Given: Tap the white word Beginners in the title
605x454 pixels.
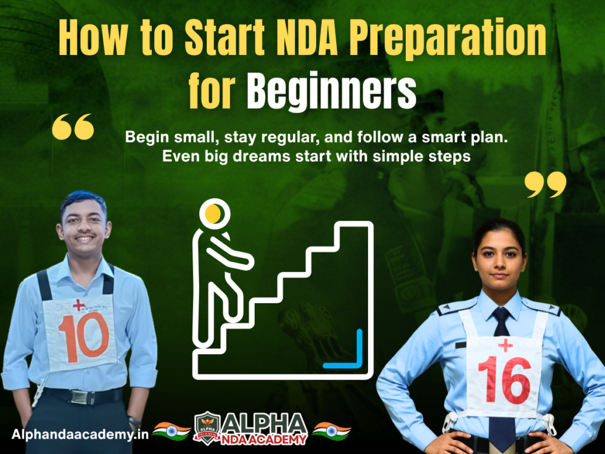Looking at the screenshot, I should pos(331,90).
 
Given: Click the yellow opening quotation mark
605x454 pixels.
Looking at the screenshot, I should pos(73,127).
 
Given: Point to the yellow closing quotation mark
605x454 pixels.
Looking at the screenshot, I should pos(545,184).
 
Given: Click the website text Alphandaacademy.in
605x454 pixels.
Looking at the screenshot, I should pos(79,434).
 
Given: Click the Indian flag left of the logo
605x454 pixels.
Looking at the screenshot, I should pos(171,430).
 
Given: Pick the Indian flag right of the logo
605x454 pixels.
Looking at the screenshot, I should pos(331,430).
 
